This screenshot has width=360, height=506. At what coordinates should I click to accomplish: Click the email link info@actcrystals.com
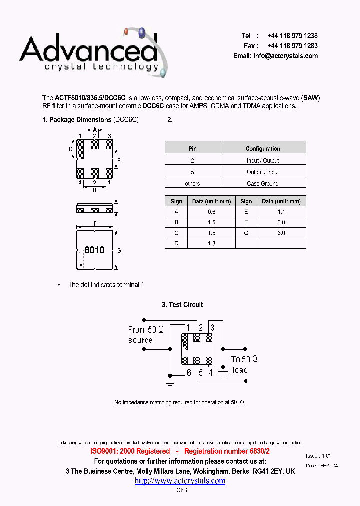coord(285,56)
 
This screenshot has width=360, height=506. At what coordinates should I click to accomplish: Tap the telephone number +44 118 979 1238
coord(292,36)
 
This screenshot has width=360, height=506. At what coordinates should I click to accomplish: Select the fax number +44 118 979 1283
coord(292,46)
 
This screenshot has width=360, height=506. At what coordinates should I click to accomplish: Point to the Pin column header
coord(192,148)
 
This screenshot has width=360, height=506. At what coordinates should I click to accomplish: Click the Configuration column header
coord(263,148)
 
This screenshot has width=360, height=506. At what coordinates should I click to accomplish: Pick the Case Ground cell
coord(263,183)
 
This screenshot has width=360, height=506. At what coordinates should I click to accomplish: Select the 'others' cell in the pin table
coord(192,183)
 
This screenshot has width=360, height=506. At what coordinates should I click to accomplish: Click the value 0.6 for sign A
coord(211,211)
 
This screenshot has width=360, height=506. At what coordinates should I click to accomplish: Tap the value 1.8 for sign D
coord(211,243)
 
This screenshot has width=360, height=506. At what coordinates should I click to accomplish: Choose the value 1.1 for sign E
coord(281,211)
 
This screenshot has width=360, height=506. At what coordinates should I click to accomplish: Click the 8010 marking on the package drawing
coord(94,250)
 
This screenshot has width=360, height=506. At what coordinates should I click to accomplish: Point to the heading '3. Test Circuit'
coord(182,304)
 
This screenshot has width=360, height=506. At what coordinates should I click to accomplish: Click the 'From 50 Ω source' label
coord(145,335)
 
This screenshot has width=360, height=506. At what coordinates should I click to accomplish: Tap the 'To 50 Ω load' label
coord(244,364)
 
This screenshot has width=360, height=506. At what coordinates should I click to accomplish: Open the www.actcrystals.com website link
coord(180,481)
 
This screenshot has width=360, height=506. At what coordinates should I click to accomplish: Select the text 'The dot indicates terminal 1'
coord(106,284)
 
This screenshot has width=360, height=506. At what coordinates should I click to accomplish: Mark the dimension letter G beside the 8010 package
coord(119,250)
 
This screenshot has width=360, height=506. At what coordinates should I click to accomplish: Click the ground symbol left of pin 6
coord(170,382)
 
